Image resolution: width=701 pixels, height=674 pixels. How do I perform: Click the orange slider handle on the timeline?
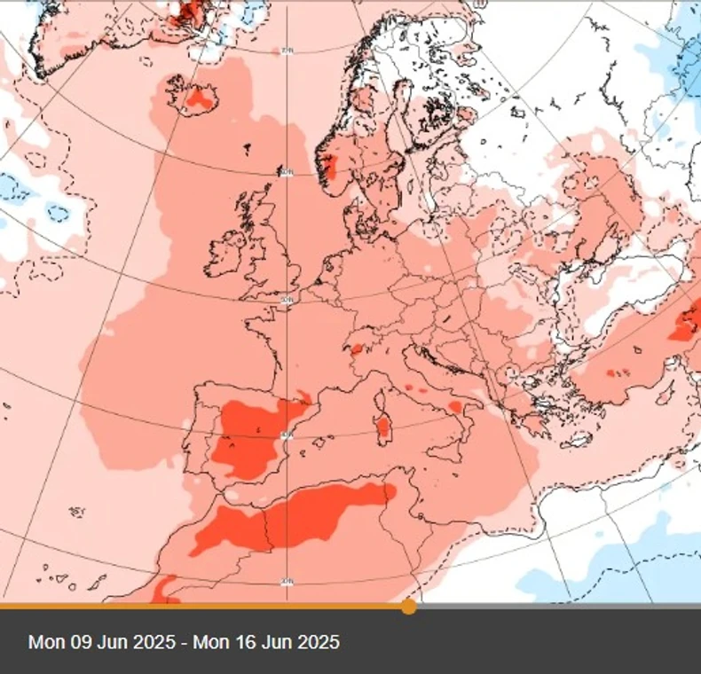408,607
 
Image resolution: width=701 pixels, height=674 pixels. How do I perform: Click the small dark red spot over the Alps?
356,349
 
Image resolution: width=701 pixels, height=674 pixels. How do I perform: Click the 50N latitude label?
286,301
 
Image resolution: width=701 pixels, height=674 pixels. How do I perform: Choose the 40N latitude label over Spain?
286,434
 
